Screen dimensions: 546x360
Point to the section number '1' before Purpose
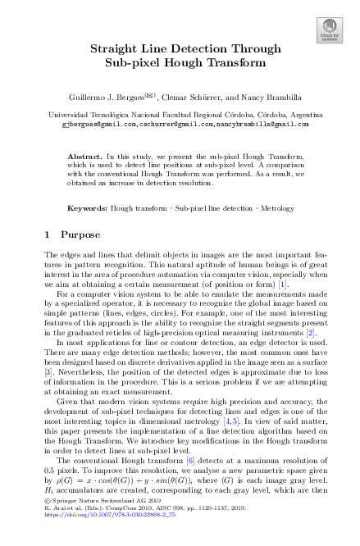pyautogui.click(x=47, y=234)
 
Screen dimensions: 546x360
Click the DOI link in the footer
pyautogui.click(x=98, y=536)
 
